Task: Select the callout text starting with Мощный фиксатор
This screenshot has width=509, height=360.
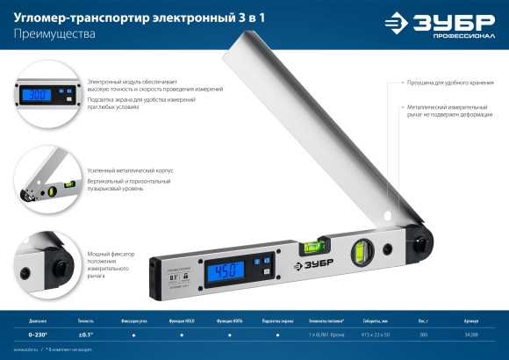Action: [x=111, y=263]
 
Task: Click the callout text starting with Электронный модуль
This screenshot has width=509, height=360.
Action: [x=154, y=85]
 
